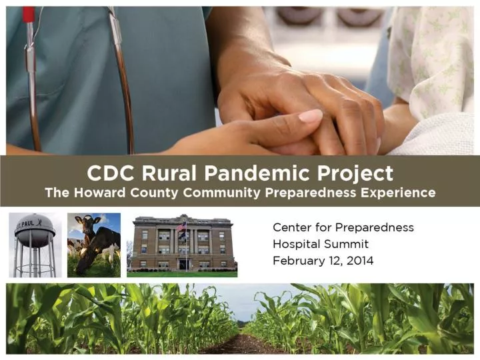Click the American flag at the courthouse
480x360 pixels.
coord(181,227)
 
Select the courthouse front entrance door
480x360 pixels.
coord(183,264)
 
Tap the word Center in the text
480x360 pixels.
coord(291,227)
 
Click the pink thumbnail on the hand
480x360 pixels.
coord(310,116)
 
